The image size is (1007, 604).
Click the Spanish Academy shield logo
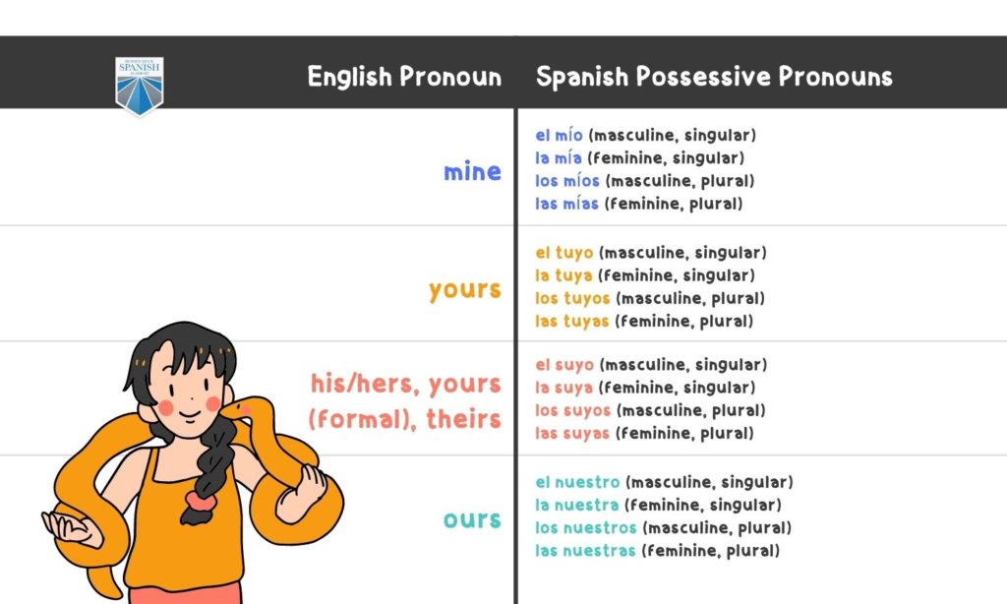point(140,86)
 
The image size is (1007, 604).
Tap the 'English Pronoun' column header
point(404,77)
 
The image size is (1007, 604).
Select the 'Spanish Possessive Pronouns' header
point(714,77)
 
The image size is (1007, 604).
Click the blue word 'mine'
point(472,172)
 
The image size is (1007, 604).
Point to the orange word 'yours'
point(464,290)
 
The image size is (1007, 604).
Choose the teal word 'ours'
point(472,518)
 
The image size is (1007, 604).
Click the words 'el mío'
point(559,136)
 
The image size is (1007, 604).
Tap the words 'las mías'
point(566,204)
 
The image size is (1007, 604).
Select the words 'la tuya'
point(563,275)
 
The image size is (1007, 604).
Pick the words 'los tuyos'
point(572,298)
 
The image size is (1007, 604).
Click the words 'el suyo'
point(564,365)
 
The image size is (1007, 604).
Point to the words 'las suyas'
point(572,433)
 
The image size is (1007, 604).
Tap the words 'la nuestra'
point(576,505)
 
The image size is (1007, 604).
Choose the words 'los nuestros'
point(585,528)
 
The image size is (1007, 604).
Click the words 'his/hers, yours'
point(405,383)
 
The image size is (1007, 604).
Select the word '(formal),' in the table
point(355,420)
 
